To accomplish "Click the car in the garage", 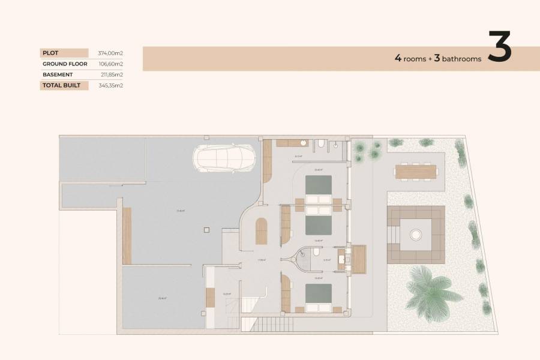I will point(224,158).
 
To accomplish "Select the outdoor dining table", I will point(415,172).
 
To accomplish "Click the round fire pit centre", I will point(415,234).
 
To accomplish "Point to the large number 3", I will point(499,47).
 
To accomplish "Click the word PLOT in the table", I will point(50,53).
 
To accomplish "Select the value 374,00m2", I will point(110,53).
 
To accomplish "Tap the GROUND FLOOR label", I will point(65,64).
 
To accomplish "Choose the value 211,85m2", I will point(111,74).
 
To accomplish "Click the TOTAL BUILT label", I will point(62,85).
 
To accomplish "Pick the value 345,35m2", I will point(111,85).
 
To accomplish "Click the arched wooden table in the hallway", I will point(262,231).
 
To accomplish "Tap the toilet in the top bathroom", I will point(322,143).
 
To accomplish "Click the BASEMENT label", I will point(58,74).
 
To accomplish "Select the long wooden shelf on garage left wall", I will point(127,236).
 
